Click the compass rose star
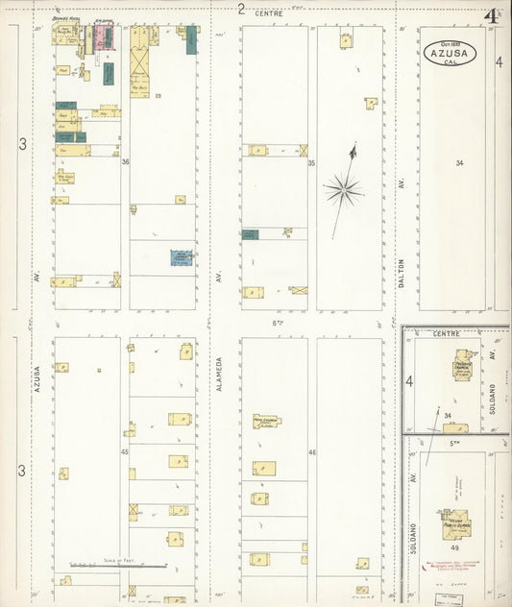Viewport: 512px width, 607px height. (343, 189)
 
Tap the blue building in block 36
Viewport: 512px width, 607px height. (181, 256)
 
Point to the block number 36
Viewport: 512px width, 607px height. (125, 161)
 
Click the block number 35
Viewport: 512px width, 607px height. (311, 162)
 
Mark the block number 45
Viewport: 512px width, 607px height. (125, 451)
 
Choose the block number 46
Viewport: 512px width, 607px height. (311, 451)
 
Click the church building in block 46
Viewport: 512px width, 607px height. (266, 421)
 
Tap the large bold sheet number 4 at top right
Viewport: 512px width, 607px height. (492, 16)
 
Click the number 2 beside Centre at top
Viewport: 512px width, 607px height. (241, 11)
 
